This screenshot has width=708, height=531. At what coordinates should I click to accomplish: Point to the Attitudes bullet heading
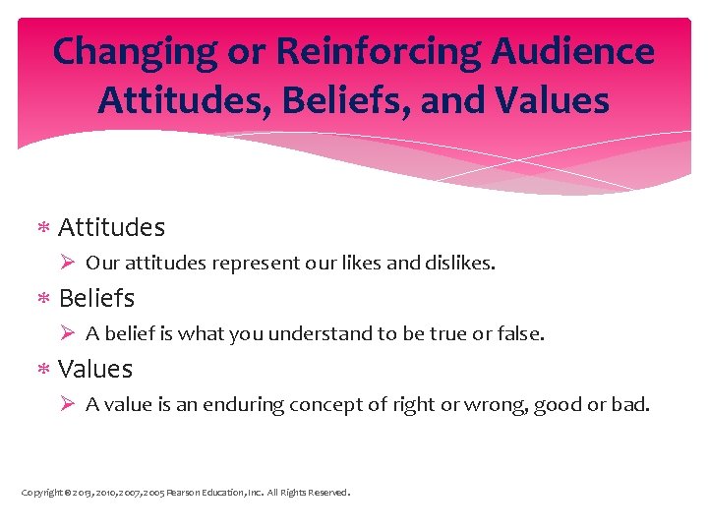tap(111, 227)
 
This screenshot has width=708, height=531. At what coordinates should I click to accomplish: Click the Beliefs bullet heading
tap(96, 297)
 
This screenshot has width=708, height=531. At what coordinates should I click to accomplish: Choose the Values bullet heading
tap(95, 369)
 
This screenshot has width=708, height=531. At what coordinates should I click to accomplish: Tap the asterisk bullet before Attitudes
tap(43, 228)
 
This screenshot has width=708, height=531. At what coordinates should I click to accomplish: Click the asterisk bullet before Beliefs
tap(43, 298)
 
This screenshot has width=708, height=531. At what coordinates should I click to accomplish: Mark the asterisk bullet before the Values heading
tap(43, 370)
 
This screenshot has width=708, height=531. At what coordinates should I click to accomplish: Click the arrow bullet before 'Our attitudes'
tap(68, 263)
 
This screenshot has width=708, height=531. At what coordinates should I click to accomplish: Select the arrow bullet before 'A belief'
tap(68, 333)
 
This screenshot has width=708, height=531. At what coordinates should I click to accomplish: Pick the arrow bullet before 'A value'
tap(68, 404)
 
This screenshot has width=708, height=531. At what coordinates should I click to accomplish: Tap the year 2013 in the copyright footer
tap(77, 493)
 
